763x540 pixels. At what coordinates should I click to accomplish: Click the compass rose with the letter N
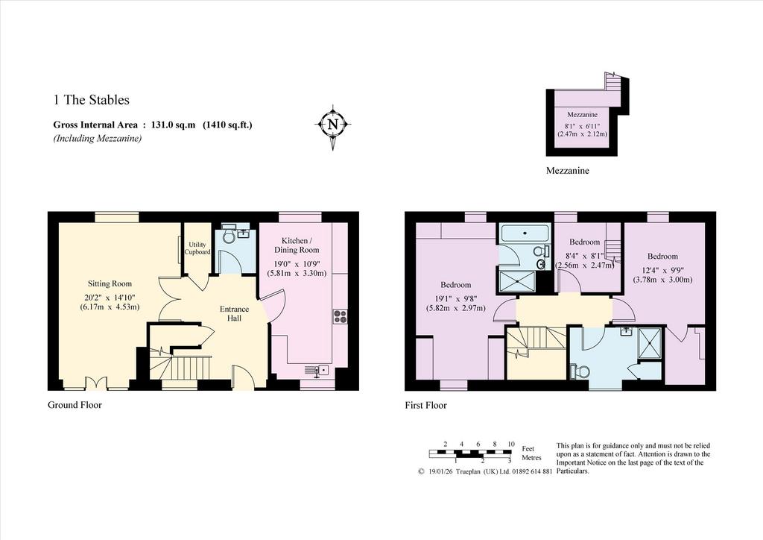333,125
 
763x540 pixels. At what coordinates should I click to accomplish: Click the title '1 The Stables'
92,100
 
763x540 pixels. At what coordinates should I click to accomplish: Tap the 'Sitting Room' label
110,283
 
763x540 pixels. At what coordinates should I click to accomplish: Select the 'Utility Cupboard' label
197,248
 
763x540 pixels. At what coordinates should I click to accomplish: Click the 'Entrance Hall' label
234,313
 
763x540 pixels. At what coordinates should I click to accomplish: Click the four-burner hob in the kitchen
340,316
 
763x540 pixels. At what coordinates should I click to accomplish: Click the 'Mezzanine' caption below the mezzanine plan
567,170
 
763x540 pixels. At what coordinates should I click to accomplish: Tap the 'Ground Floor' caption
75,405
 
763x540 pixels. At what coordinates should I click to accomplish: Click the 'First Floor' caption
425,405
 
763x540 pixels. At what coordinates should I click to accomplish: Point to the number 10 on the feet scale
511,444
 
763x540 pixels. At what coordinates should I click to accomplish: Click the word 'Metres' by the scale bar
531,458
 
